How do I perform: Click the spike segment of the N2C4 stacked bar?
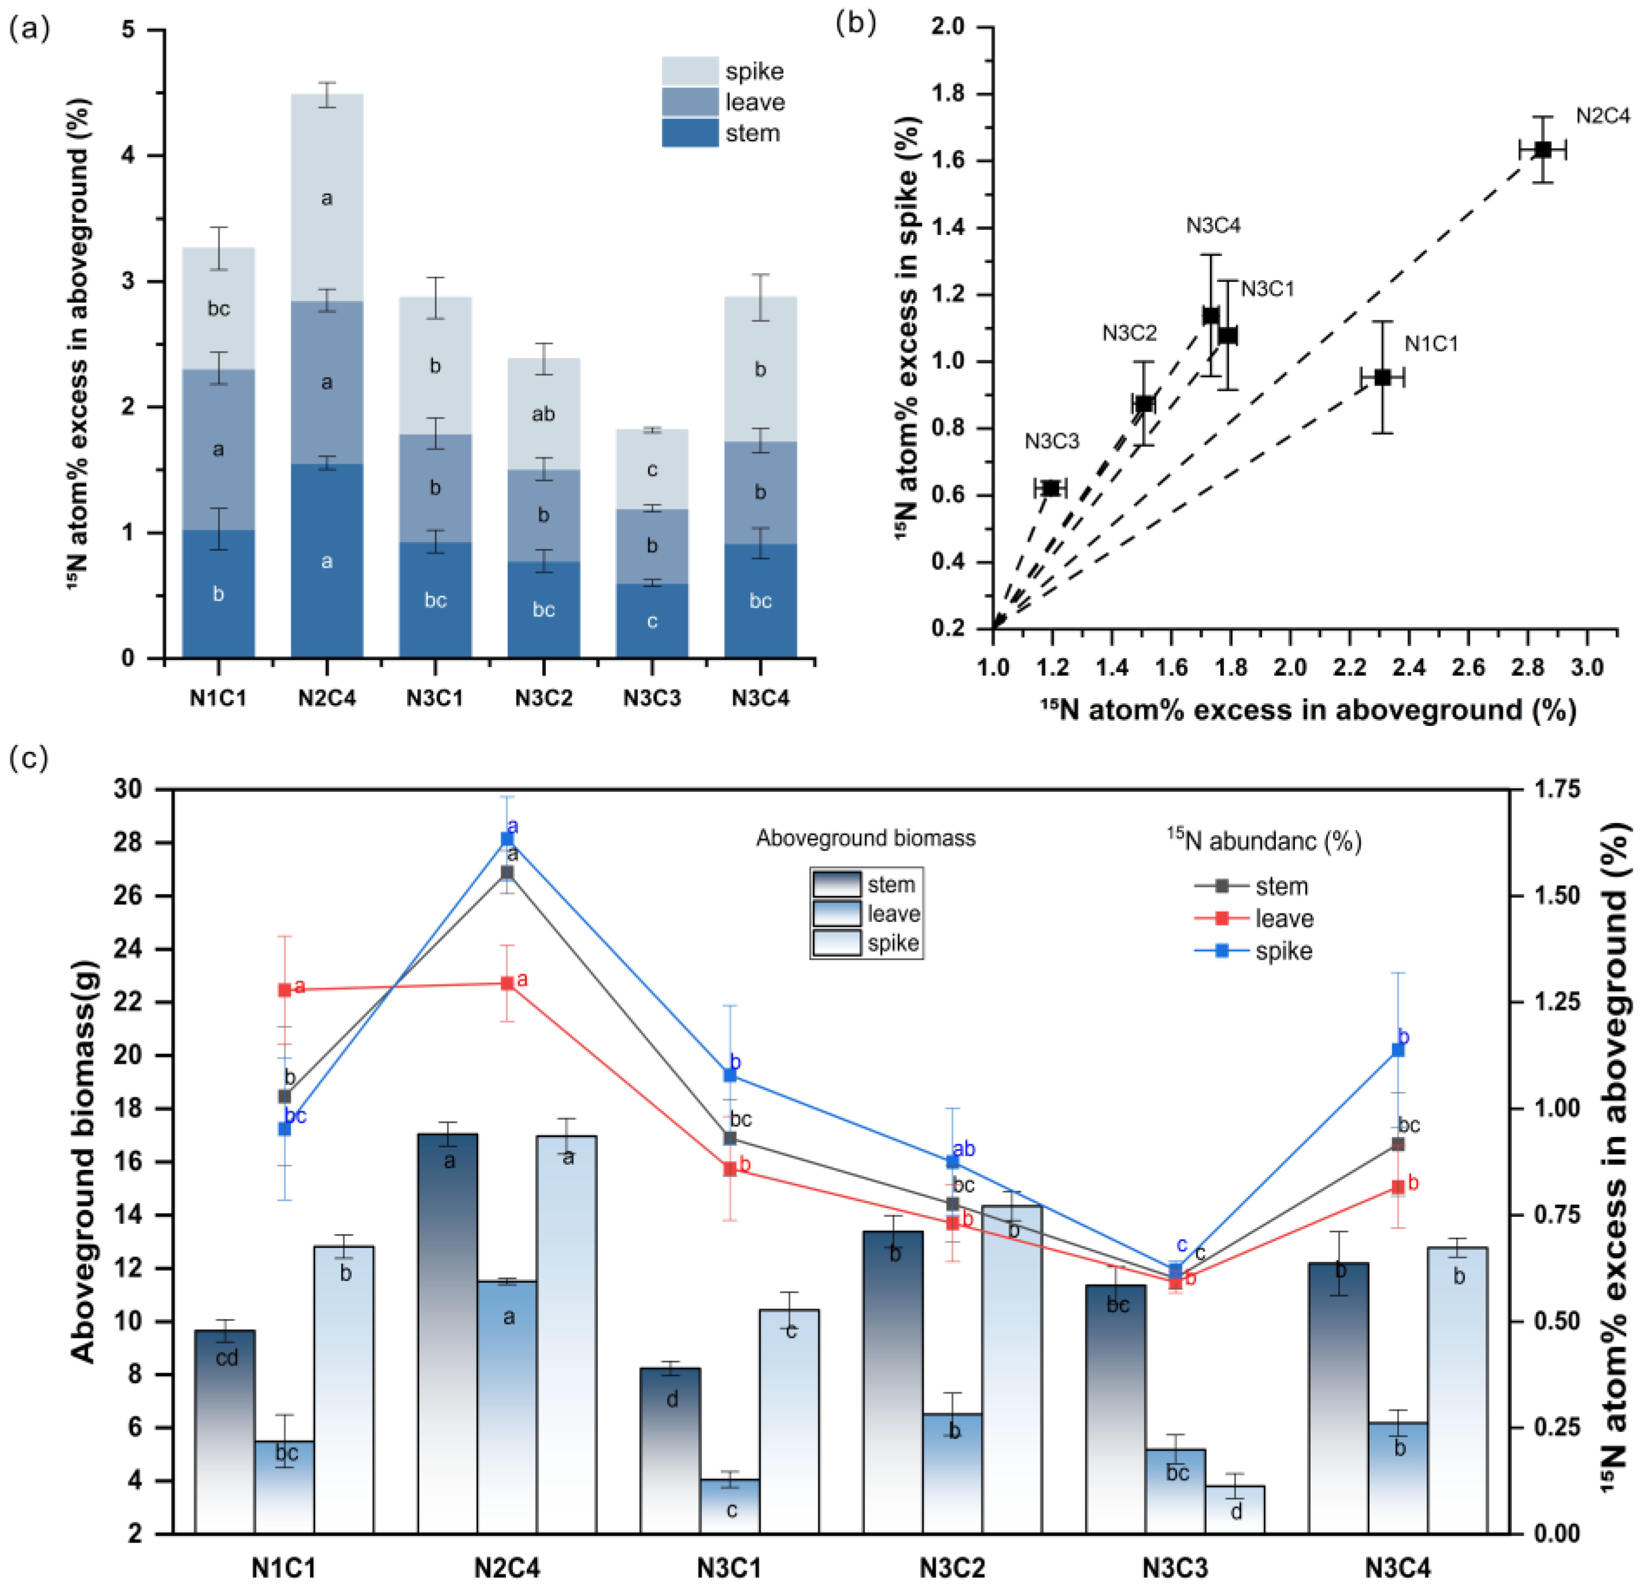(326, 197)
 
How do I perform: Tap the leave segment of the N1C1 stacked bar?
(218, 449)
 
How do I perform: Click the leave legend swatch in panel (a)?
(689, 102)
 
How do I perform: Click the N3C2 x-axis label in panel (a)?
(544, 698)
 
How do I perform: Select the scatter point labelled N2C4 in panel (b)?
(1542, 150)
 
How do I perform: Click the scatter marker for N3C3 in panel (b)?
(1051, 488)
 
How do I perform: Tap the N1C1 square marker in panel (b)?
(1382, 377)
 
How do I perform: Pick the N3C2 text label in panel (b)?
(1129, 333)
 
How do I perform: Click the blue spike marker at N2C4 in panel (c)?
(507, 839)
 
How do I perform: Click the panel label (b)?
(855, 24)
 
